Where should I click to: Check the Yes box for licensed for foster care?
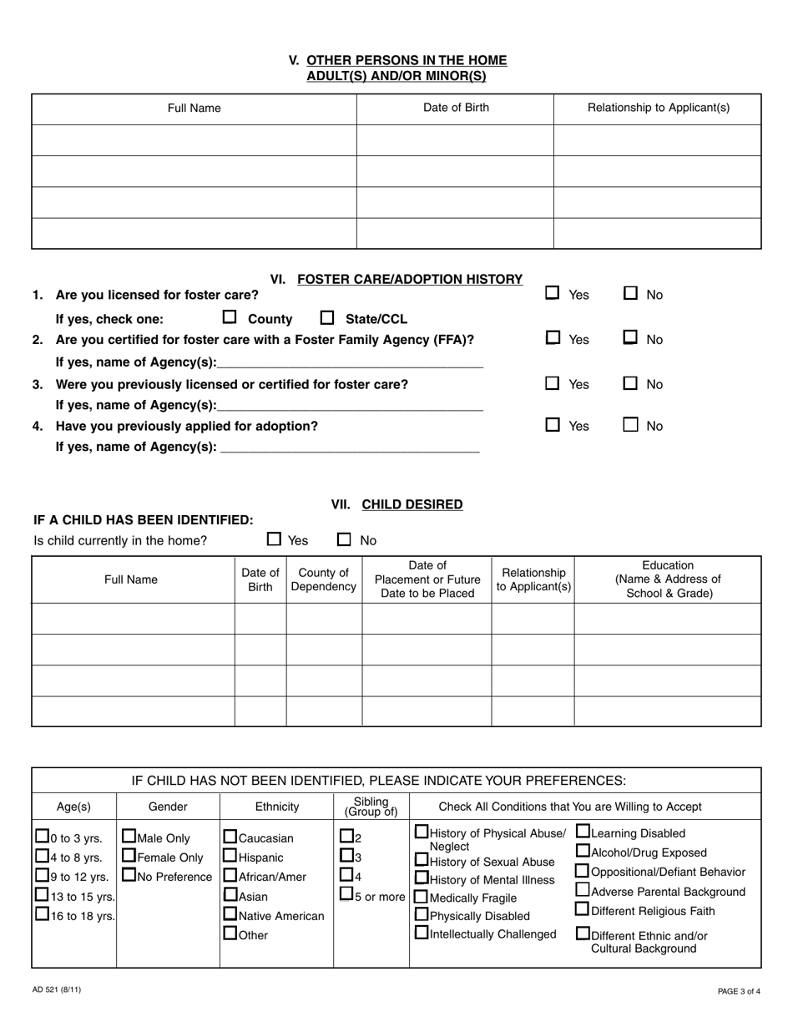(552, 293)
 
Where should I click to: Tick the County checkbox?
(230, 318)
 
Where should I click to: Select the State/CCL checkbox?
(327, 318)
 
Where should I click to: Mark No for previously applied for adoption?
(631, 425)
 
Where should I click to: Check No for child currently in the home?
(344, 540)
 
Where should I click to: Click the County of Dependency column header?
(324, 579)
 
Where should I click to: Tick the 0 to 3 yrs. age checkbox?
(42, 837)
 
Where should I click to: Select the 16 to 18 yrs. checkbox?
(42, 915)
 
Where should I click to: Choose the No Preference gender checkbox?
(129, 876)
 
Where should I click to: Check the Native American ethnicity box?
(230, 914)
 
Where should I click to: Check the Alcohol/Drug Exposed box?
(583, 852)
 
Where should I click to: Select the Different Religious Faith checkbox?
(583, 909)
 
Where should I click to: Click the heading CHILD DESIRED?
(412, 504)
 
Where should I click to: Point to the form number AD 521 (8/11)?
(58, 990)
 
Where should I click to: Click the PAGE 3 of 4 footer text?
(738, 991)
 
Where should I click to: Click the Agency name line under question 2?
(350, 362)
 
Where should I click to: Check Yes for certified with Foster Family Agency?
(552, 338)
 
